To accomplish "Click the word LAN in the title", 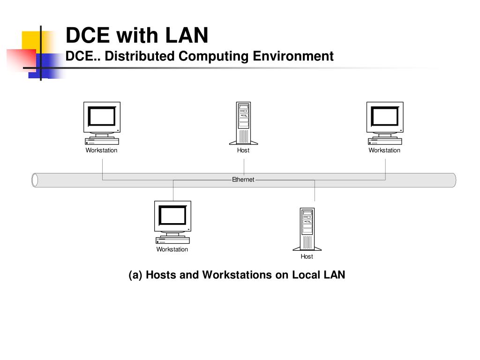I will pyautogui.click(x=186, y=35).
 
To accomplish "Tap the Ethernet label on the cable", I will pyautogui.click(x=243, y=180).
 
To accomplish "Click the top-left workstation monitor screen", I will pyautogui.click(x=102, y=116).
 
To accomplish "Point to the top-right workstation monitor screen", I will pyautogui.click(x=385, y=116).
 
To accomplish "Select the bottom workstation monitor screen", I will pyautogui.click(x=172, y=216).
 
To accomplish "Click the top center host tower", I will pyautogui.click(x=243, y=123).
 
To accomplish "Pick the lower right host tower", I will pyautogui.click(x=307, y=229).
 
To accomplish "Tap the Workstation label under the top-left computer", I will pyautogui.click(x=101, y=150).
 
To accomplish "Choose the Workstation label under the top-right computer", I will pyautogui.click(x=384, y=150).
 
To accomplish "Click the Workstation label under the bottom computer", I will pyautogui.click(x=172, y=249).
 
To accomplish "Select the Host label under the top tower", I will pyautogui.click(x=243, y=150).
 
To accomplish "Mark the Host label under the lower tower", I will pyautogui.click(x=307, y=256).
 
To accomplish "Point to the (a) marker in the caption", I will pyautogui.click(x=136, y=275).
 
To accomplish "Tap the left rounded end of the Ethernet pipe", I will pyautogui.click(x=35, y=180).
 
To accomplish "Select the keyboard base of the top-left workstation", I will pyautogui.click(x=102, y=142).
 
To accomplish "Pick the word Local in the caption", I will pyautogui.click(x=306, y=275).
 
